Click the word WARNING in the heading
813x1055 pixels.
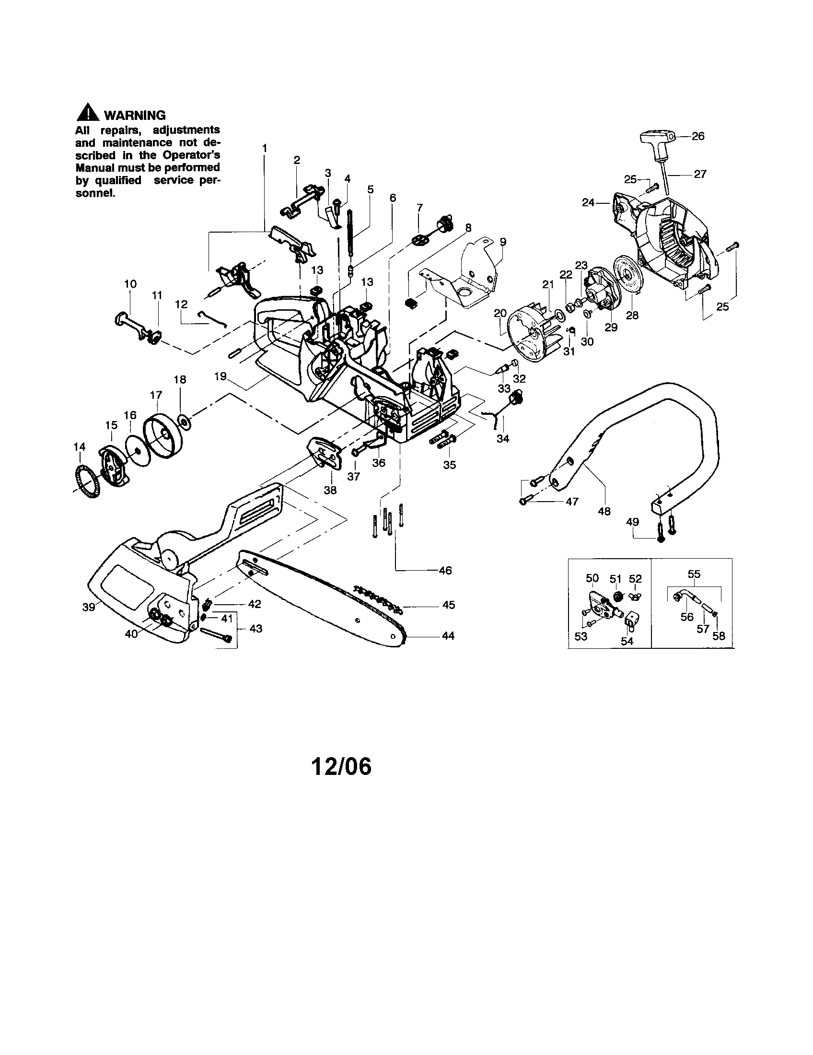pos(135,116)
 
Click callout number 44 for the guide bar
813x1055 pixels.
pos(448,636)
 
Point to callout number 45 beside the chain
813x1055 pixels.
pos(449,605)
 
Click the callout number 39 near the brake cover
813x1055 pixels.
pos(89,607)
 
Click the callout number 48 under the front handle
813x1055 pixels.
pos(604,511)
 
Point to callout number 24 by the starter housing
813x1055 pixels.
pos(588,203)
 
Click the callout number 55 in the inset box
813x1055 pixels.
pos(694,574)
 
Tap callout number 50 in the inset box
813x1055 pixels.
pos(592,578)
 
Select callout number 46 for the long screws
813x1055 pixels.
pos(445,571)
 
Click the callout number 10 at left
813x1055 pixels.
pos(130,283)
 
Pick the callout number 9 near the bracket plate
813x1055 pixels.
pos(503,242)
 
